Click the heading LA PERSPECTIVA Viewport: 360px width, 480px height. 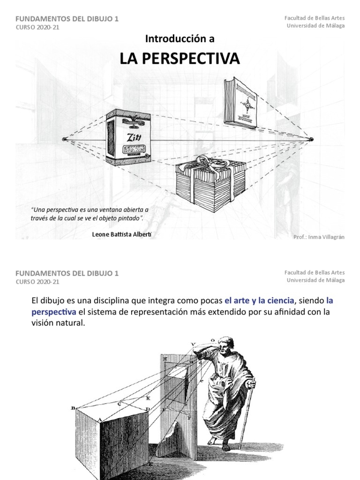pyautogui.click(x=180, y=59)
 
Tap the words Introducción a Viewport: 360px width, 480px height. pyautogui.click(x=180, y=39)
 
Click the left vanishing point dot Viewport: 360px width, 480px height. pyautogui.click(x=64, y=139)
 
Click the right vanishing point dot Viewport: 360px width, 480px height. pyautogui.click(x=311, y=139)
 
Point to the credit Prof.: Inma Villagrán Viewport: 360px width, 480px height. pyautogui.click(x=319, y=237)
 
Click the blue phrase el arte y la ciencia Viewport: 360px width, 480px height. pyautogui.click(x=260, y=300)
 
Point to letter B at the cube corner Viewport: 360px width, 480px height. pyautogui.click(x=73, y=408)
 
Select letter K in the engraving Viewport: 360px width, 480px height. pyautogui.click(x=148, y=397)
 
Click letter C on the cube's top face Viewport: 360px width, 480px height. pyautogui.click(x=120, y=403)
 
